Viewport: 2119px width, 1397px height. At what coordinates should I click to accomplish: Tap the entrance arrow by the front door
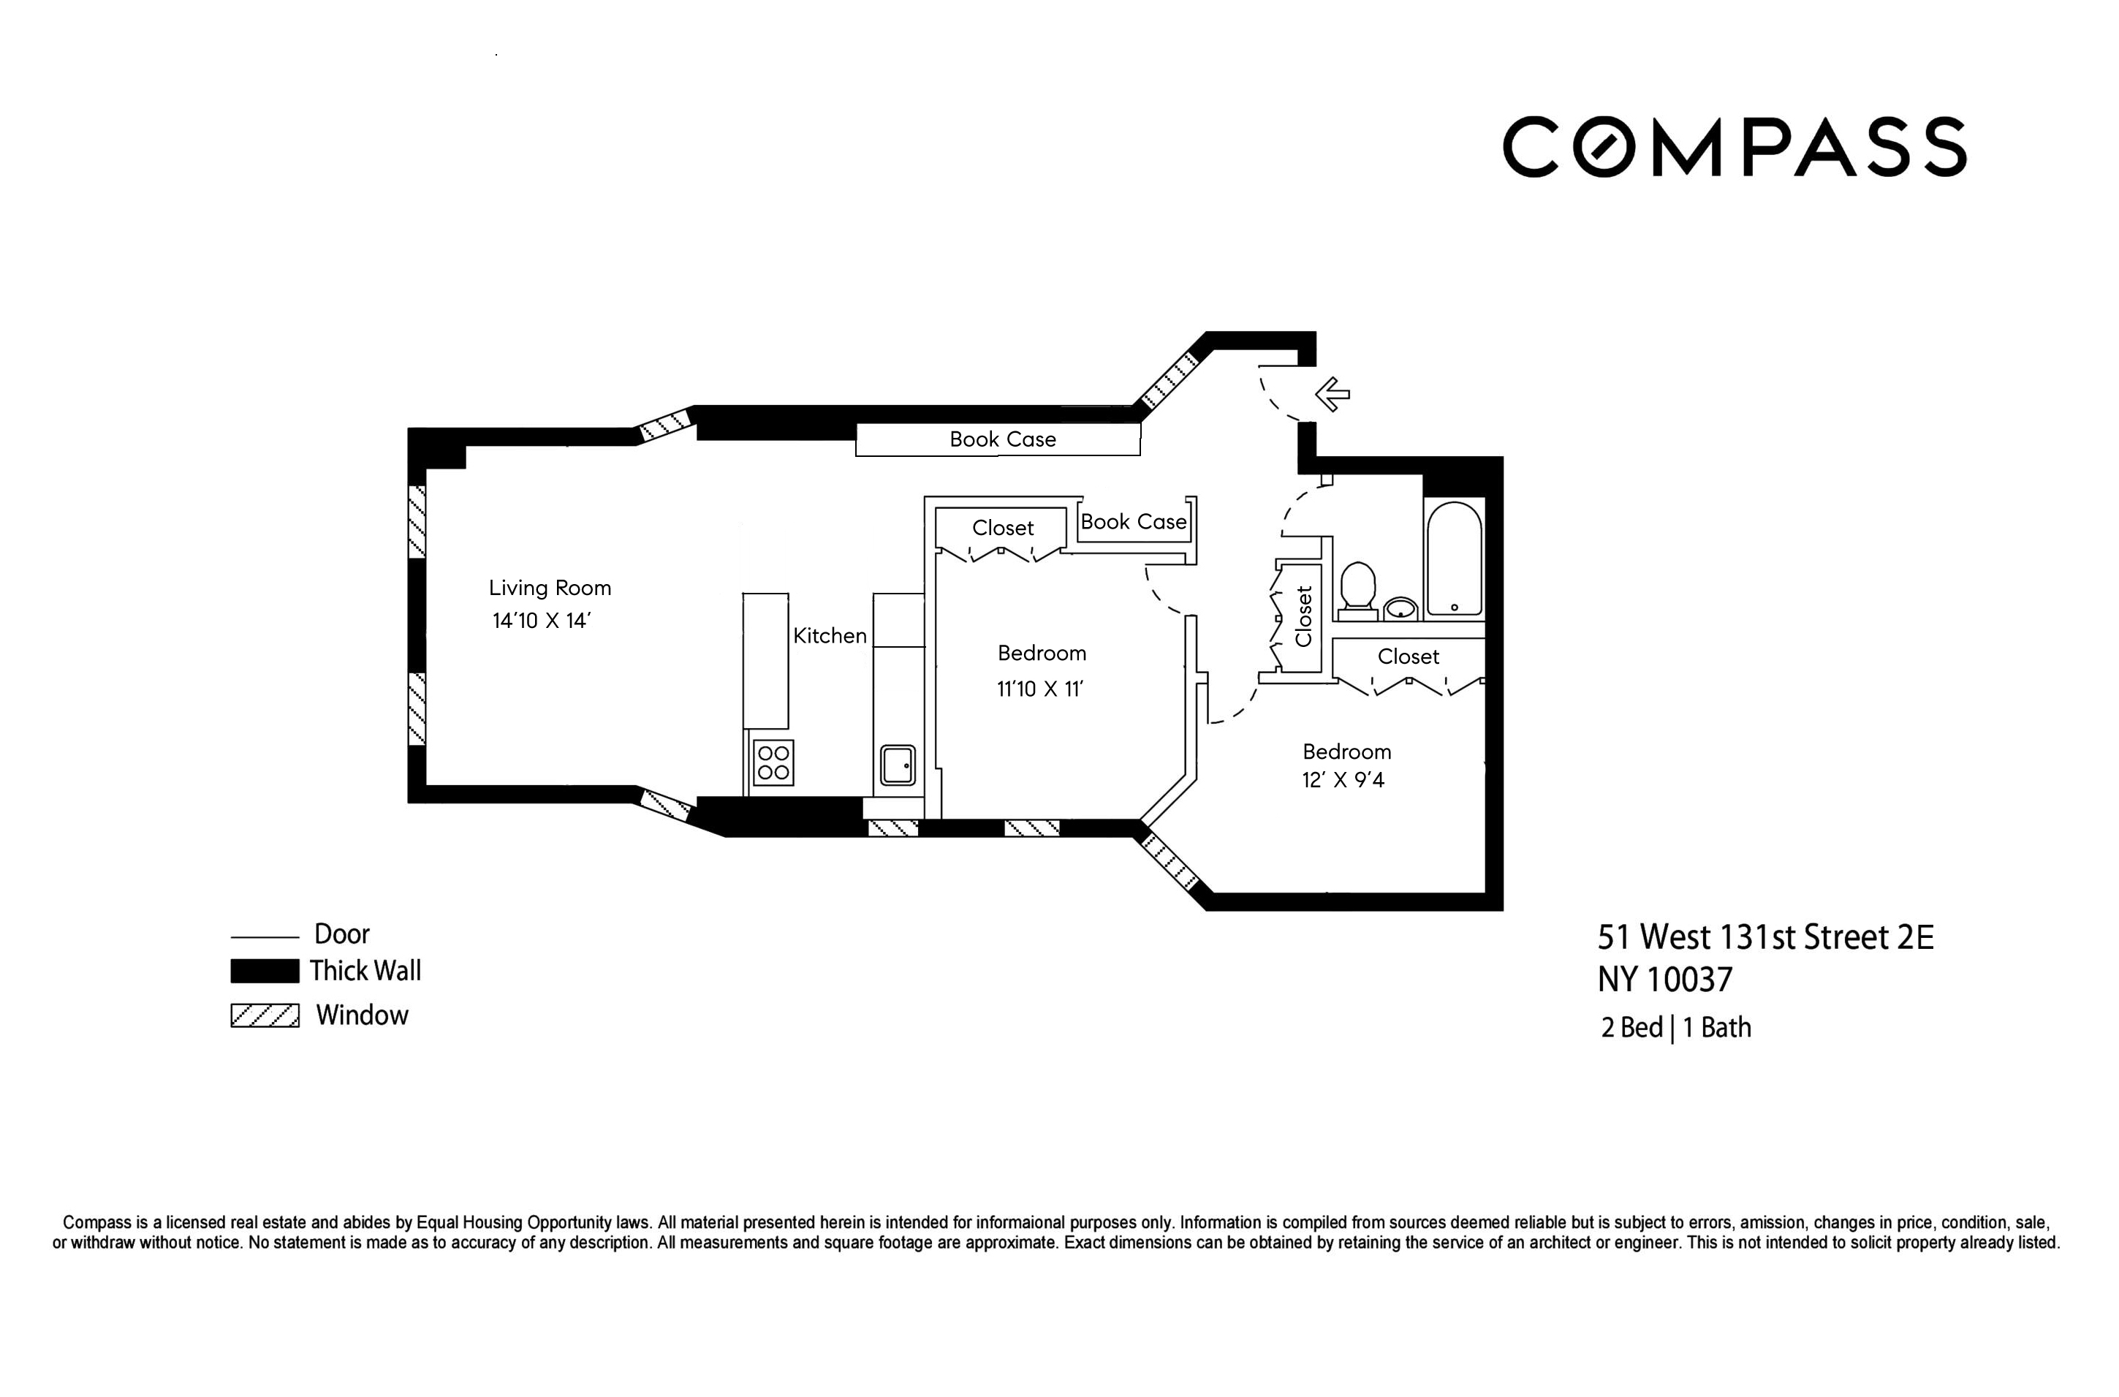tap(1333, 394)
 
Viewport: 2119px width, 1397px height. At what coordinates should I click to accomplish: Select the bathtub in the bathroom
tap(1454, 559)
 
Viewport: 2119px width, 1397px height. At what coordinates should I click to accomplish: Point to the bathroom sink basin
tap(1402, 608)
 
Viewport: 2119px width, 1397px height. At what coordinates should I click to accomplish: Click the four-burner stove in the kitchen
tap(773, 762)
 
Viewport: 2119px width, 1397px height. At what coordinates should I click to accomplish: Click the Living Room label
tap(550, 588)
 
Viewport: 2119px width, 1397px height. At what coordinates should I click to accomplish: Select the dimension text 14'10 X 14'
tap(542, 621)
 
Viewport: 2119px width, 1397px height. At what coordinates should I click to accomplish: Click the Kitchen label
tap(829, 636)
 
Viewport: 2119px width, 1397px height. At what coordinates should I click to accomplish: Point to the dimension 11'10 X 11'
tap(1039, 689)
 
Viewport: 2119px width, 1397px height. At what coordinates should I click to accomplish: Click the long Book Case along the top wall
tap(1001, 439)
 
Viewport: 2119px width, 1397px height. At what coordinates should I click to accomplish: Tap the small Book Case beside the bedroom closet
tap(1133, 522)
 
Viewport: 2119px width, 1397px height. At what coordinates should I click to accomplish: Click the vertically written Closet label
tap(1304, 616)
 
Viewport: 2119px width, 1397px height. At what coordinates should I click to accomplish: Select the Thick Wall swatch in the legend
tap(265, 971)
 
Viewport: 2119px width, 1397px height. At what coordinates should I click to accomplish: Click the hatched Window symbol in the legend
tap(265, 1015)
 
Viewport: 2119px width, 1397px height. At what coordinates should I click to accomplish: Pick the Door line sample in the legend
tap(265, 937)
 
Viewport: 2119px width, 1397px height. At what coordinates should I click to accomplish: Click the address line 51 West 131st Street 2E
tap(1764, 937)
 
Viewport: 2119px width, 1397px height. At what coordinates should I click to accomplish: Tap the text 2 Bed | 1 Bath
tap(1675, 1028)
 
